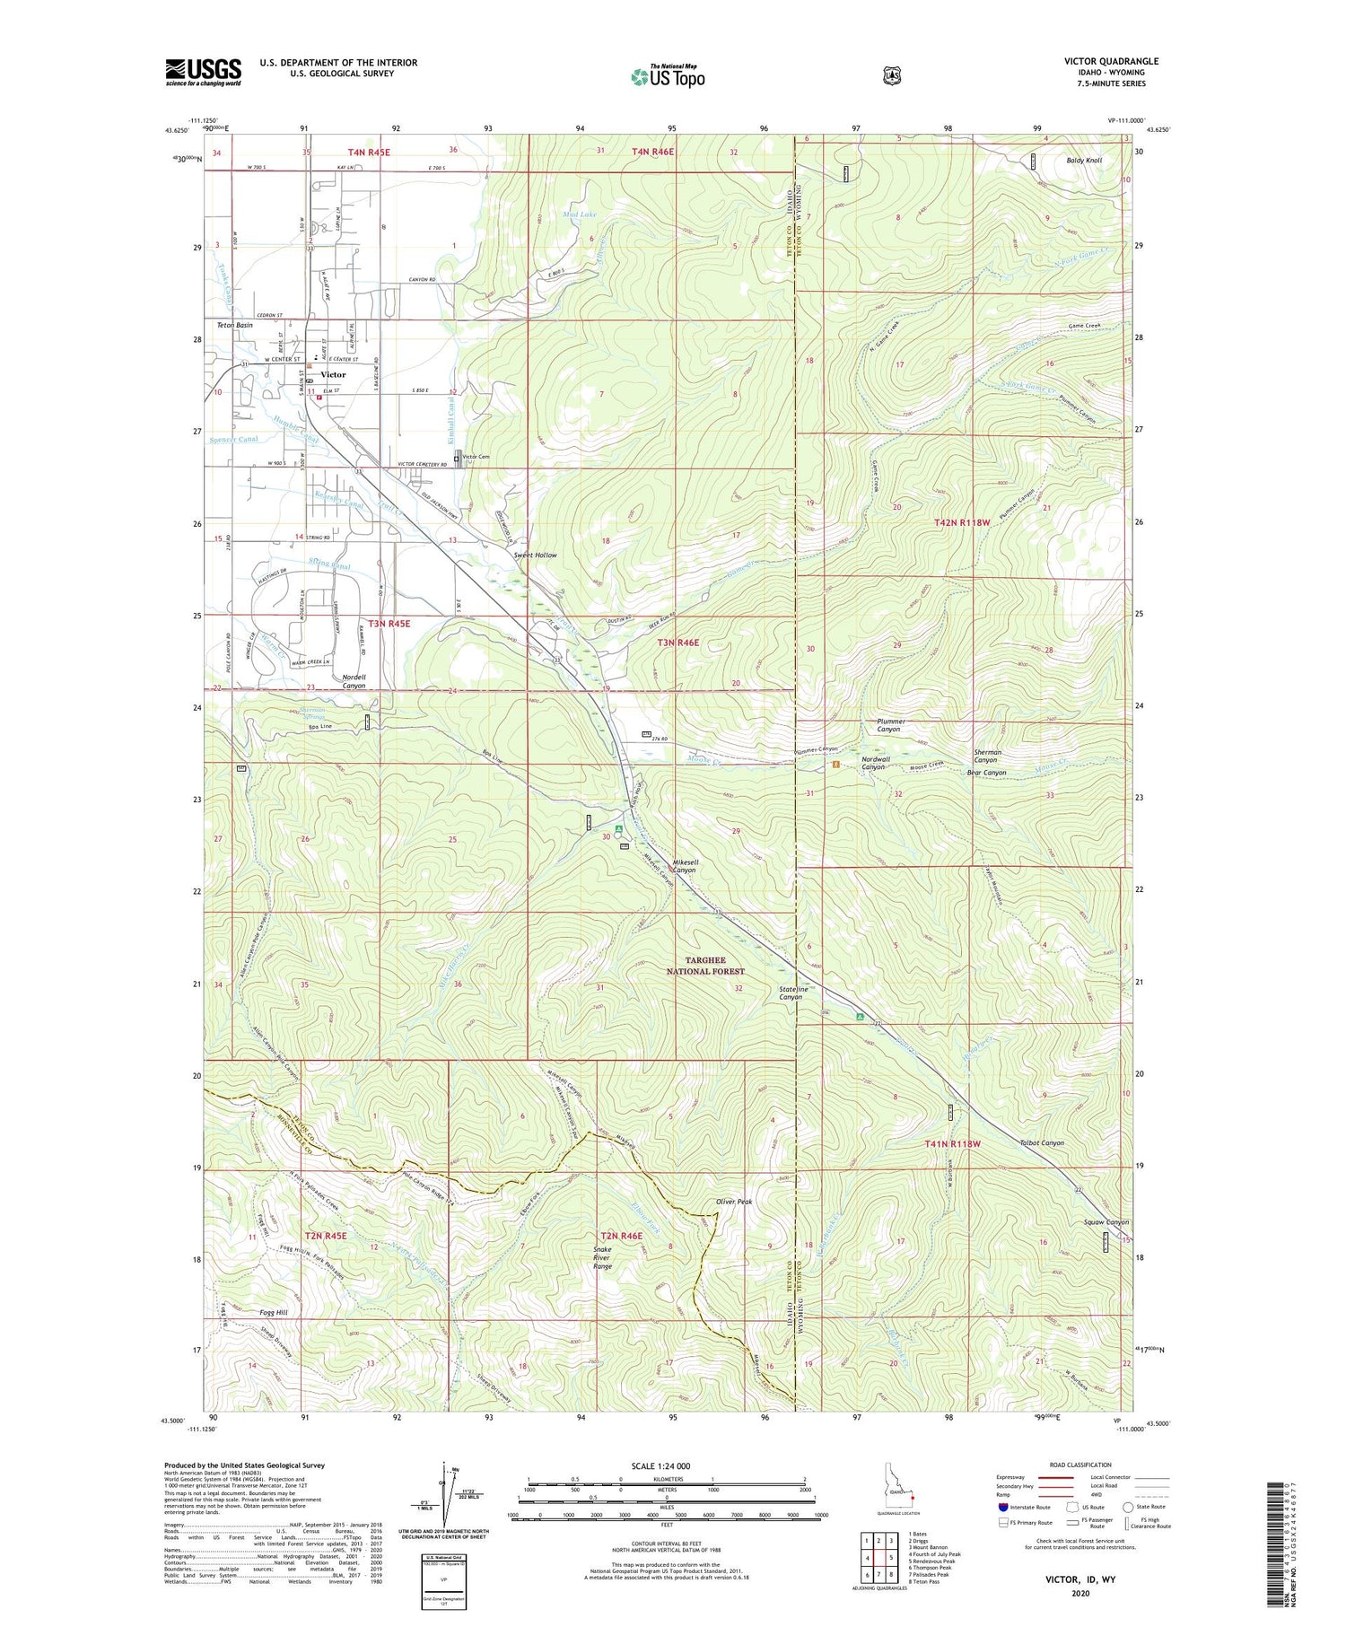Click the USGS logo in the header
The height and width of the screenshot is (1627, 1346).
click(203, 72)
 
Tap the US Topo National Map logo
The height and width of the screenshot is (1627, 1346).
click(668, 76)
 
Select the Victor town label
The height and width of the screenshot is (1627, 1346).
click(333, 374)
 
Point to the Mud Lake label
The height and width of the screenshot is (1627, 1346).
click(580, 214)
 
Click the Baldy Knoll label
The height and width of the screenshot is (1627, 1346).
click(1084, 160)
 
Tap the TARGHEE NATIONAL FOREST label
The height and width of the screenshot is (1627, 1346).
click(705, 966)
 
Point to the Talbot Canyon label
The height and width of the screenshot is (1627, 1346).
click(1041, 1143)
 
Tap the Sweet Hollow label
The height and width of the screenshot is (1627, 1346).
click(535, 555)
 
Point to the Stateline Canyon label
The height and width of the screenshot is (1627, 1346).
click(790, 993)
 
